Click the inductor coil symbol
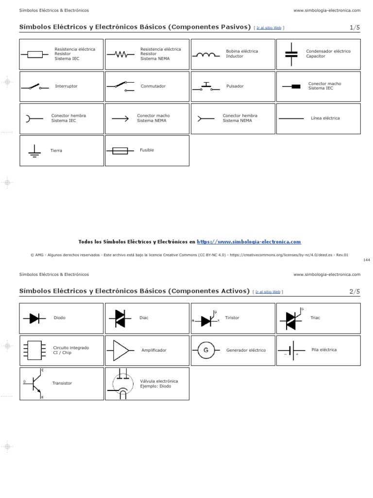point(205,54)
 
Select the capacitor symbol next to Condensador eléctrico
point(291,54)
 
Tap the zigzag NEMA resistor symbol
point(120,54)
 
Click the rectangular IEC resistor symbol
point(34,54)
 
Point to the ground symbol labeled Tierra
point(34,151)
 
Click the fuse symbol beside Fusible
point(120,151)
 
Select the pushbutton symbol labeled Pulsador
point(205,87)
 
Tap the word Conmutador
point(153,86)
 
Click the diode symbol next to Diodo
point(34,319)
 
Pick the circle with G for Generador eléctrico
point(205,350)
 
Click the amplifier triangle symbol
point(121,350)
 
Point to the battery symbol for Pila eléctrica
point(291,351)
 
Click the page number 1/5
point(355,28)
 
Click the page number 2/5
point(355,291)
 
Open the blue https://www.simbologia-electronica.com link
point(249,242)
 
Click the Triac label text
point(315,318)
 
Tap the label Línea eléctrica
point(325,118)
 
